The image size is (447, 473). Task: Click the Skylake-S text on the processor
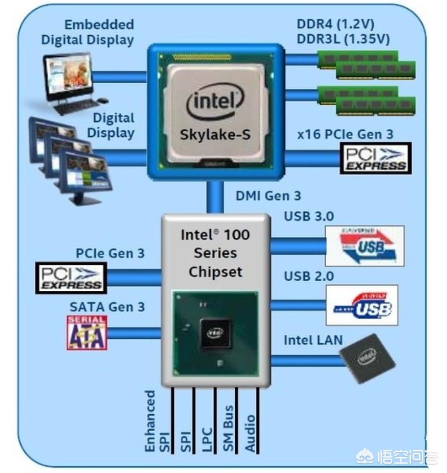215,135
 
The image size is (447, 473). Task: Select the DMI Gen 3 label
268,195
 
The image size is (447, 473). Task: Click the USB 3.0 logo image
365,246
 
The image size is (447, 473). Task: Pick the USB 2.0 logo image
362,305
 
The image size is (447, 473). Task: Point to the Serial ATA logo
87,333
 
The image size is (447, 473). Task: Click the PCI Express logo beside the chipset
71,278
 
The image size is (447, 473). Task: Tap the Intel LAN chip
367,358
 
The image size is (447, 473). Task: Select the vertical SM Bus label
228,428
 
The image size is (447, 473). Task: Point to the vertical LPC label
207,439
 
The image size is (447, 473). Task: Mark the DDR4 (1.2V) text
335,24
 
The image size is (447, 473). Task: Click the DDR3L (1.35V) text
343,39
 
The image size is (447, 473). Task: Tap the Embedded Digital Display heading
88,32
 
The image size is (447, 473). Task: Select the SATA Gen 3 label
107,307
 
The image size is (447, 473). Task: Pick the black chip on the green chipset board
215,333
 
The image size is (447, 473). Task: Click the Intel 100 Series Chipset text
215,253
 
